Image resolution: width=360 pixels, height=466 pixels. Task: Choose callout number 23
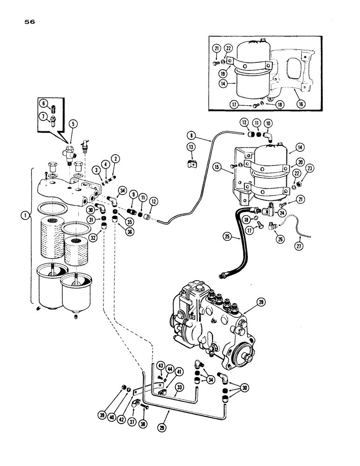tap(310, 169)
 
